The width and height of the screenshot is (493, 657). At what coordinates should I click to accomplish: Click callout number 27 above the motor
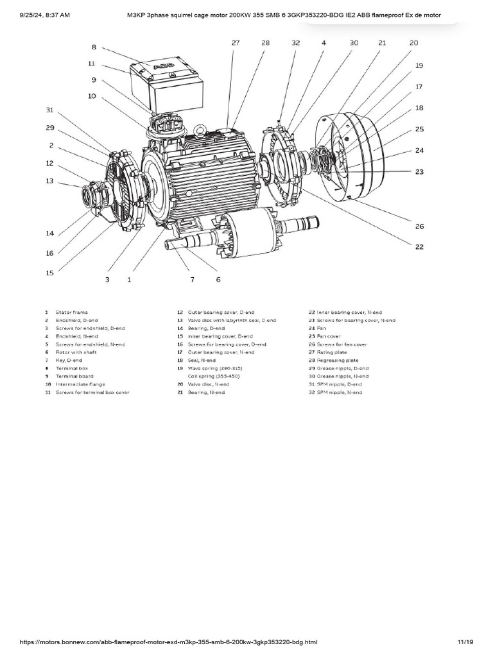click(236, 42)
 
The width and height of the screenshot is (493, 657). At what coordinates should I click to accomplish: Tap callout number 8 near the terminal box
click(93, 47)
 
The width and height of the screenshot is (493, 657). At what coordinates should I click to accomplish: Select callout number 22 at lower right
click(419, 246)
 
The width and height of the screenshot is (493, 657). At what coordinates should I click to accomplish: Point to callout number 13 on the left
click(49, 181)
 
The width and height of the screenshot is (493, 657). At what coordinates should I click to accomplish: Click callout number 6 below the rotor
click(218, 280)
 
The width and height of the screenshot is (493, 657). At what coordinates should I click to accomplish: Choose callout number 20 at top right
click(413, 42)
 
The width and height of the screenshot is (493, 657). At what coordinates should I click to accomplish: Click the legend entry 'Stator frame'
click(71, 312)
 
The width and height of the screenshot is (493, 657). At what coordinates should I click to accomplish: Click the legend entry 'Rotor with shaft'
click(75, 352)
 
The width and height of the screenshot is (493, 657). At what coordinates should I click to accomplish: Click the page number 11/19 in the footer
click(465, 642)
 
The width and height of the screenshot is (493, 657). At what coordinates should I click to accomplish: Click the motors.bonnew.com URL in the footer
click(168, 642)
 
